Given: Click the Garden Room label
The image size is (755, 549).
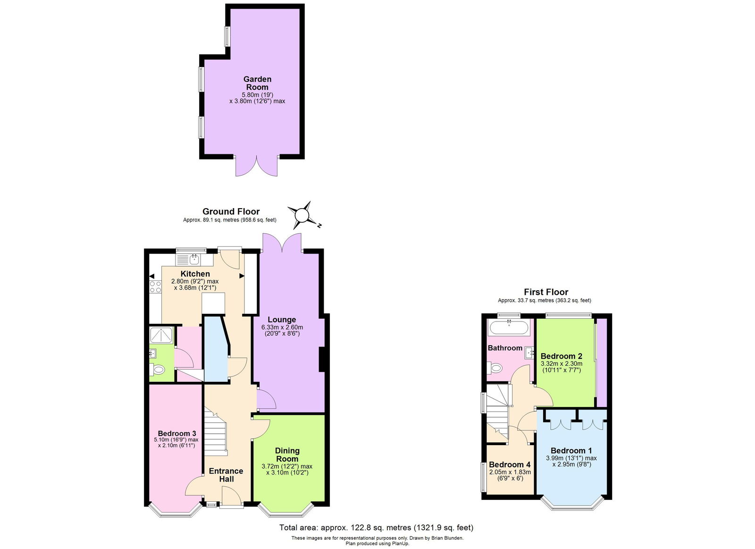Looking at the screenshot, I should pyautogui.click(x=257, y=83).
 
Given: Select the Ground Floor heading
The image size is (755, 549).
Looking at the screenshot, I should pyautogui.click(x=231, y=211).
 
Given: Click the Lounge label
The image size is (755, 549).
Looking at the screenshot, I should pyautogui.click(x=282, y=320).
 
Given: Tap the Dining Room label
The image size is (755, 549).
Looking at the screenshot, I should pyautogui.click(x=287, y=455).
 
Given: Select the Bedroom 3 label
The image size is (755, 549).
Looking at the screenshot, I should pyautogui.click(x=177, y=433).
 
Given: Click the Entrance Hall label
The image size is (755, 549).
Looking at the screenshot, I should pyautogui.click(x=226, y=475).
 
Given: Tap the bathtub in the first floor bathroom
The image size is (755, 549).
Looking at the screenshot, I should pyautogui.click(x=509, y=327).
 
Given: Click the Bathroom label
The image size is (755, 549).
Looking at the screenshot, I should pyautogui.click(x=505, y=348).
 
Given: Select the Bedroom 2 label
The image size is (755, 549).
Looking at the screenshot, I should pyautogui.click(x=561, y=356).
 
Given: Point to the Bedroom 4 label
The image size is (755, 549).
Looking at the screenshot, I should pyautogui.click(x=510, y=465).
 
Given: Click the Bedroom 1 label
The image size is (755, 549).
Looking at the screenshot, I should pyautogui.click(x=571, y=450).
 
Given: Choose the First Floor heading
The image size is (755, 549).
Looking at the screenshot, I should pyautogui.click(x=546, y=292).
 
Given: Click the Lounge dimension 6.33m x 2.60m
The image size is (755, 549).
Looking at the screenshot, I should pyautogui.click(x=282, y=327).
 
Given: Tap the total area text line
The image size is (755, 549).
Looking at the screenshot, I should pyautogui.click(x=376, y=528).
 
